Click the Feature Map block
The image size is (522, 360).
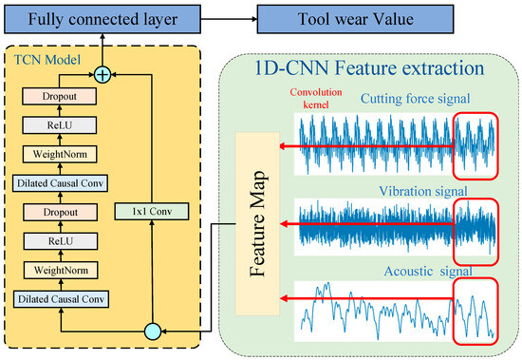coord(254,225)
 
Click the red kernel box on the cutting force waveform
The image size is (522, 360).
coord(475,145)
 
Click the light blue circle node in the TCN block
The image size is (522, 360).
coord(151,331)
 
